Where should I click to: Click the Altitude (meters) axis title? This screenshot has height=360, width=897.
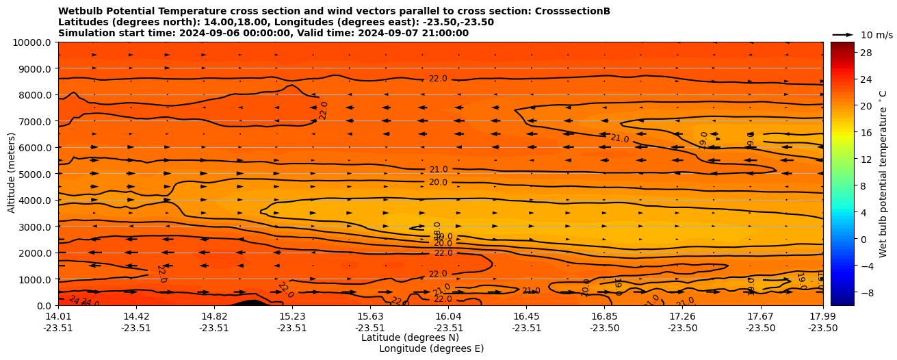(12, 174)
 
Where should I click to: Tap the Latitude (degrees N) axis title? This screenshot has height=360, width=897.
(410, 337)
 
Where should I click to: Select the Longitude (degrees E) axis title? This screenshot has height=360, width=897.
(431, 348)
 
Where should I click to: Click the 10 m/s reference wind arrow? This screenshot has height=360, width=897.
(842, 35)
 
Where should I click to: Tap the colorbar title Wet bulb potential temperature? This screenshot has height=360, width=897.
(883, 174)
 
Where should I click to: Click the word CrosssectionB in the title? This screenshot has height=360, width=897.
(574, 11)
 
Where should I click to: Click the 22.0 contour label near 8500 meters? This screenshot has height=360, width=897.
(438, 79)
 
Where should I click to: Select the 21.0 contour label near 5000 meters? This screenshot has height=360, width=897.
(439, 170)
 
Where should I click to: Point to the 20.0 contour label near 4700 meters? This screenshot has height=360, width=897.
(438, 183)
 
